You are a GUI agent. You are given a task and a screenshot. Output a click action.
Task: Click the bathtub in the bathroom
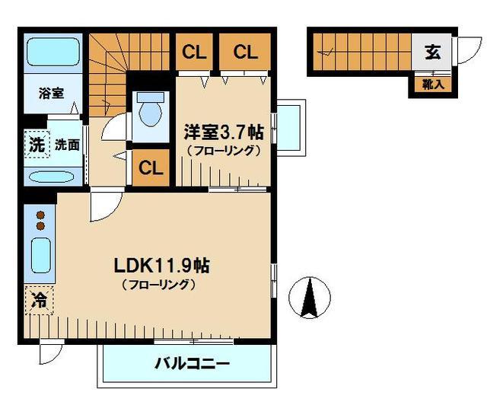coord(51,54)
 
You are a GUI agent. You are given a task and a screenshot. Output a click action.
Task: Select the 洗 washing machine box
coord(36,144)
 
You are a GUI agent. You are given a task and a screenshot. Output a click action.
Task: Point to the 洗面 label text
coord(66,145)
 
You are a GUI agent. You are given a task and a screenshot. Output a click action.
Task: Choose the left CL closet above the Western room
coord(194,53)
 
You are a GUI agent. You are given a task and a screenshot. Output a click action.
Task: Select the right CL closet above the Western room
coord(244,53)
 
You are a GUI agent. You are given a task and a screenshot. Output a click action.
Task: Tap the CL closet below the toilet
coord(152,167)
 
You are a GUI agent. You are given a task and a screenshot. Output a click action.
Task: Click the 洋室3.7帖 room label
coord(223,132)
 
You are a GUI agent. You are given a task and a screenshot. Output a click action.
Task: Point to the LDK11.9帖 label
coord(161,266)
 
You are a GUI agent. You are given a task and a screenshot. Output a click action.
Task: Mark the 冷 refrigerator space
coord(37,300)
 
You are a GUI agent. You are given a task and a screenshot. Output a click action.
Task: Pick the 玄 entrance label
coord(431,53)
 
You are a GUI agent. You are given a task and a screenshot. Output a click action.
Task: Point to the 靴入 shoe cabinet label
coord(432,85)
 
